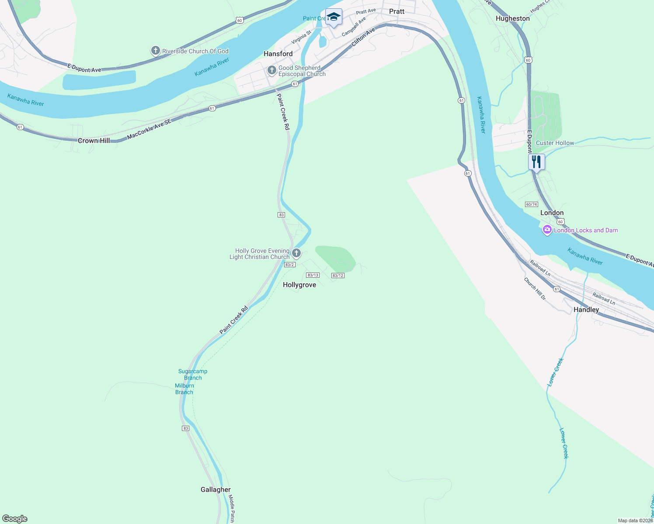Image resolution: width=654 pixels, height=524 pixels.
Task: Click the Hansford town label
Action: pyautogui.click(x=278, y=54)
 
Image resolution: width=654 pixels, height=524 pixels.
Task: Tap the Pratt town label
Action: pyautogui.click(x=397, y=11)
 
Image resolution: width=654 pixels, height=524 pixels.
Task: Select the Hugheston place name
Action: pyautogui.click(x=512, y=18)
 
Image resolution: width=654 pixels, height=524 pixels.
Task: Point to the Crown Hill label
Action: pyautogui.click(x=94, y=141)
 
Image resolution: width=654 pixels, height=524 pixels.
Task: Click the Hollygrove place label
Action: pyautogui.click(x=299, y=285)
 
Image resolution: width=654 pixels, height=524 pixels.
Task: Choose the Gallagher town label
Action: pyautogui.click(x=216, y=490)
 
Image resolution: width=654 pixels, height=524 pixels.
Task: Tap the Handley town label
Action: pyautogui.click(x=586, y=310)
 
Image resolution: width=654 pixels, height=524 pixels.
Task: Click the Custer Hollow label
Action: pyautogui.click(x=555, y=143)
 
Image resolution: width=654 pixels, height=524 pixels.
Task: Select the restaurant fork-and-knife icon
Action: pyautogui.click(x=536, y=162)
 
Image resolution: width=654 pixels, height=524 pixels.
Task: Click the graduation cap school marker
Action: pyautogui.click(x=334, y=17)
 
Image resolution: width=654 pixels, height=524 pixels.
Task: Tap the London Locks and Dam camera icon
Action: pyautogui.click(x=547, y=230)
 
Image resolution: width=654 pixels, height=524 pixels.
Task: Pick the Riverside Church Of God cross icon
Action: pyautogui.click(x=155, y=51)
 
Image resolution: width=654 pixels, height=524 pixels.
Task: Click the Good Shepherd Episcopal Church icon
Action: pyautogui.click(x=271, y=70)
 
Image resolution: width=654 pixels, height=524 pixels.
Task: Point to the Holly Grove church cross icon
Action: pyautogui.click(x=296, y=253)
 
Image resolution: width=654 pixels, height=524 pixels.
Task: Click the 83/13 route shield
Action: pyautogui.click(x=313, y=275)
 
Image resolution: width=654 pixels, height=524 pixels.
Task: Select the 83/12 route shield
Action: pyautogui.click(x=338, y=276)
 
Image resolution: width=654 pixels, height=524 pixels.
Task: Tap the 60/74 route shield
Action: pyautogui.click(x=532, y=204)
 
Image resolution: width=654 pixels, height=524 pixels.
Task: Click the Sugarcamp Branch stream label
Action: pyautogui.click(x=193, y=375)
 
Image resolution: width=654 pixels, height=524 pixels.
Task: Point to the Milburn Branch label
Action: pyautogui.click(x=184, y=389)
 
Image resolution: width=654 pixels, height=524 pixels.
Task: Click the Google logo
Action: pyautogui.click(x=15, y=519)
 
